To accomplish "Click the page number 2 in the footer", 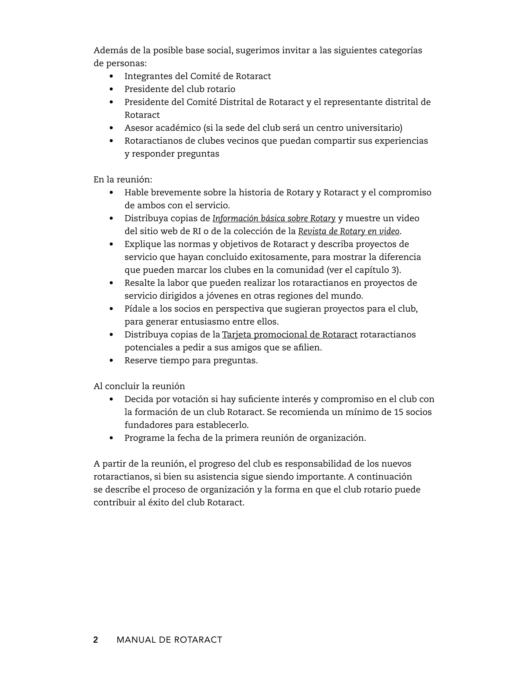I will [x=95, y=640].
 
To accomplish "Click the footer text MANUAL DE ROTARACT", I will [x=169, y=640].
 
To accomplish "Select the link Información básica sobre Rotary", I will [x=274, y=218].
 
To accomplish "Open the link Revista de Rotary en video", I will [x=348, y=231].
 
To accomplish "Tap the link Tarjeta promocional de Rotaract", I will [x=289, y=335].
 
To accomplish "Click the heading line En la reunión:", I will [x=123, y=180].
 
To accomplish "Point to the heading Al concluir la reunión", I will [x=139, y=386].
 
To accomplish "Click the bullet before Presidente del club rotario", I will [x=111, y=89].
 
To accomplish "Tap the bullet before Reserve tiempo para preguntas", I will [x=111, y=361].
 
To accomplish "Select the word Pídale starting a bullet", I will [x=137, y=309].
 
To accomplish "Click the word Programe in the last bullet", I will [x=144, y=438].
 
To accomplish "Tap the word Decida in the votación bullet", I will [x=137, y=399].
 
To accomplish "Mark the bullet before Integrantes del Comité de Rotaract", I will [x=111, y=76].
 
